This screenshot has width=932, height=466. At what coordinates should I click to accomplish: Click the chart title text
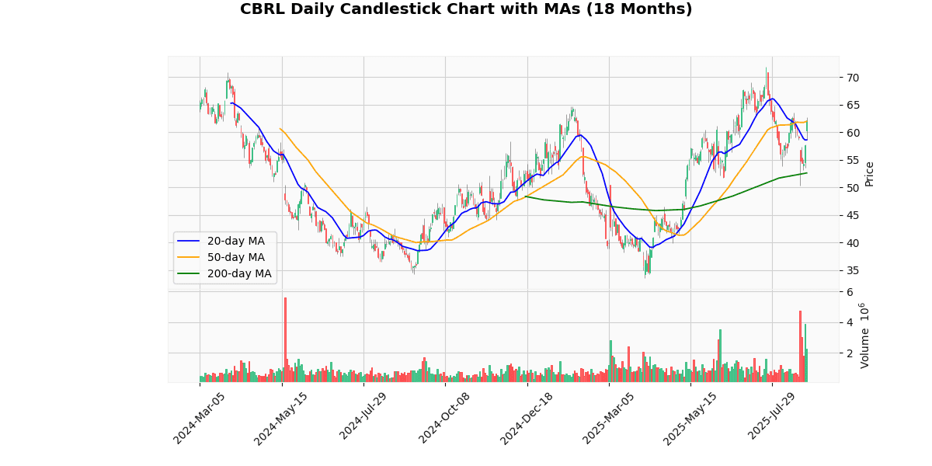point(466,9)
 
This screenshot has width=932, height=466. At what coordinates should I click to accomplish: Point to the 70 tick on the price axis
point(852,78)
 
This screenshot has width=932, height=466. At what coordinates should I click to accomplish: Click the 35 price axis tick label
point(852,270)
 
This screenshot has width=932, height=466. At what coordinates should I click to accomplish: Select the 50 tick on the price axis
point(852,188)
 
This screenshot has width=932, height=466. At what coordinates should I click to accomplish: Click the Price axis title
point(870,173)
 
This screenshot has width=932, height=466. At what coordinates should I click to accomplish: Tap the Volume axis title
point(865,336)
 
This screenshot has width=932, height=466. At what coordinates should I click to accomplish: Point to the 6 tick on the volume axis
point(850,292)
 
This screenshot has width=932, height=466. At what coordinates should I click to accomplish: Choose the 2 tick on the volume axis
point(850,353)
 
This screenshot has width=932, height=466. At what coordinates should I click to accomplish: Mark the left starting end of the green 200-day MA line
point(526,196)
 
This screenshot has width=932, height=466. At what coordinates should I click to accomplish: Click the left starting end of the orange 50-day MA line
point(280,128)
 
